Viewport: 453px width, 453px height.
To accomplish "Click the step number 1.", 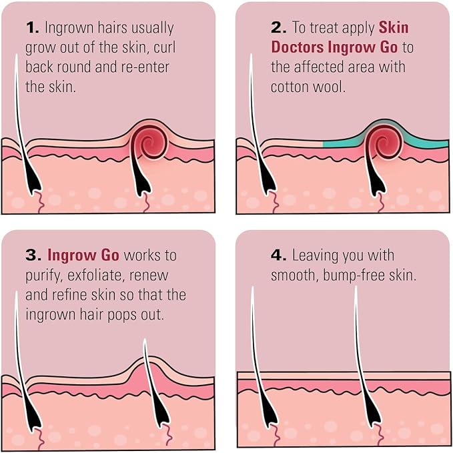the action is click(x=32, y=28).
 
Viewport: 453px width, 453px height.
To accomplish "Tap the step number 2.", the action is click(x=279, y=28).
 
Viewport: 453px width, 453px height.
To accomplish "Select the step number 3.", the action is click(x=33, y=256).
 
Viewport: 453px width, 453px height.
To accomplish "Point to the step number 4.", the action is click(x=279, y=256).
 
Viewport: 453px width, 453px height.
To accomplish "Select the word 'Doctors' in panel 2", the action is click(x=298, y=47).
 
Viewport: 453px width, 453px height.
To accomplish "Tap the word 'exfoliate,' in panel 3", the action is click(x=95, y=275).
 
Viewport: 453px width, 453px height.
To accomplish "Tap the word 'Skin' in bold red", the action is click(x=394, y=27).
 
